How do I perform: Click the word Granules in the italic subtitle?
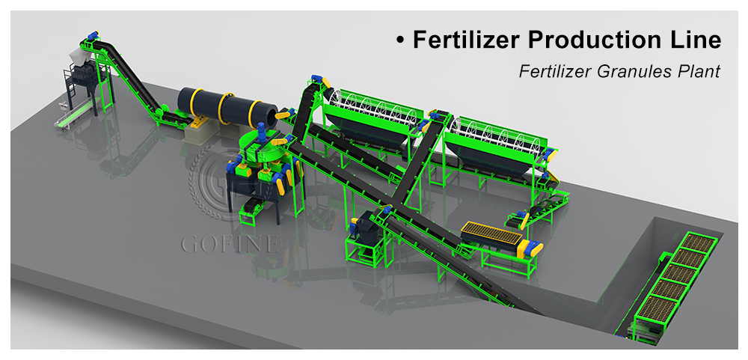click(x=629, y=72)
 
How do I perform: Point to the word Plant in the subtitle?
click(x=695, y=71)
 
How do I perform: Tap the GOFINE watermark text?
click(x=230, y=243)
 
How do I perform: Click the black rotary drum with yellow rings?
click(x=227, y=109)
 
